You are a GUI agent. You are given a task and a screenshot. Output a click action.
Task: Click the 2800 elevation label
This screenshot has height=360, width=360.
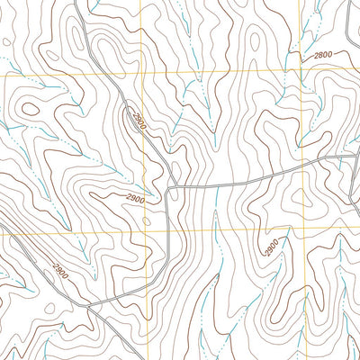pyautogui.click(x=323, y=56)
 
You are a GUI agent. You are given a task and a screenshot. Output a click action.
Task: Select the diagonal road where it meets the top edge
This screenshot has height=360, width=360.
pyautogui.click(x=76, y=3)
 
